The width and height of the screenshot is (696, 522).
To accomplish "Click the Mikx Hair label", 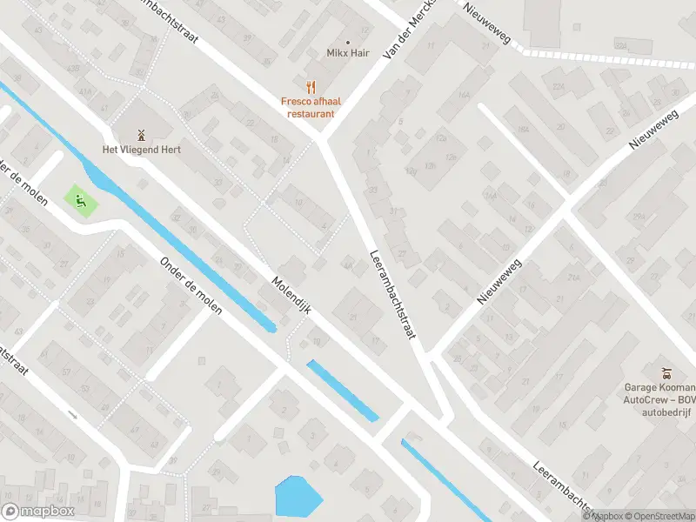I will (x=348, y=54).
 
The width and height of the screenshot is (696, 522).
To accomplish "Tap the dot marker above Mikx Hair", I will (x=348, y=42).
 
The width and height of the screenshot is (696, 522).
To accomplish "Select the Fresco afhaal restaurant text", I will (x=311, y=107).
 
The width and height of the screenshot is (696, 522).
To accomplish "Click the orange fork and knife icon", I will (x=311, y=87).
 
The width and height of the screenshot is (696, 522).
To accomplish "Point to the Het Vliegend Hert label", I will (x=142, y=149).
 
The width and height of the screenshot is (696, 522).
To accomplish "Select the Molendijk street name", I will (x=291, y=296).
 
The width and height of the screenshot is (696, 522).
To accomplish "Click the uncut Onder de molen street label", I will (x=191, y=286).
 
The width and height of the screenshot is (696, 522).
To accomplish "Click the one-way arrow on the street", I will (x=72, y=414).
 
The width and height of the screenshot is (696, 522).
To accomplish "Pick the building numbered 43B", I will (x=74, y=69).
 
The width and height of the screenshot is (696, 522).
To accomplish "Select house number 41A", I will (x=84, y=90).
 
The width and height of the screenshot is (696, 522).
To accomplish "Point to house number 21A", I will (x=573, y=278).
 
